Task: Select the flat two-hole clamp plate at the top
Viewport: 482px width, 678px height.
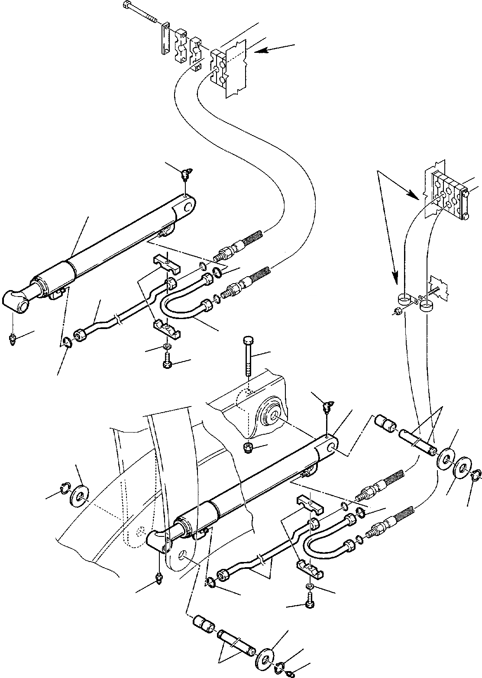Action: click(x=165, y=39)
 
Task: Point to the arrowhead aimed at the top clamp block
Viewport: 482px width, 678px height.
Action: click(x=259, y=51)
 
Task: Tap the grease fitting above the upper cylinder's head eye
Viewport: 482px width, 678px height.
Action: click(x=187, y=175)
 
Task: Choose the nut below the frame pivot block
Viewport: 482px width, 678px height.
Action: click(x=249, y=449)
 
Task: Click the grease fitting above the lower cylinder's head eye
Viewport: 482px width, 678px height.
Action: click(x=328, y=407)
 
